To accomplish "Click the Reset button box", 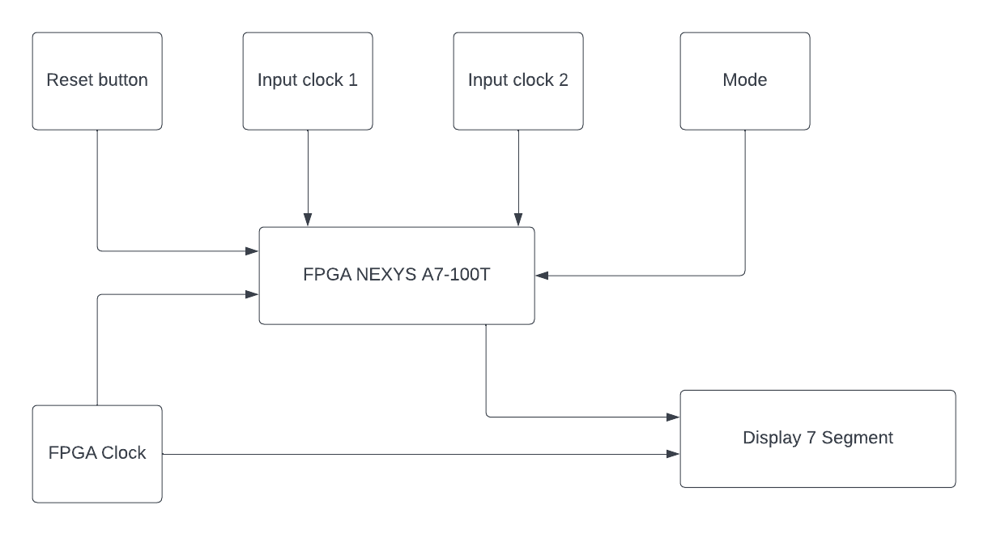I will click(97, 81).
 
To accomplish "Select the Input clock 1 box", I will click(308, 81).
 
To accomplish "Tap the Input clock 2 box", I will click(518, 81).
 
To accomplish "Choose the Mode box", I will click(745, 81).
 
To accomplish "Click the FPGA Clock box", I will click(97, 454).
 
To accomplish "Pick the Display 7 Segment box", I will click(818, 439).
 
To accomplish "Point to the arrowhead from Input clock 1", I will click(308, 220).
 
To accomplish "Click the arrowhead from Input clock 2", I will click(518, 220).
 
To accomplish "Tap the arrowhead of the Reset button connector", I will click(253, 251).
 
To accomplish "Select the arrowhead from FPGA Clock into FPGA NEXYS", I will click(253, 296).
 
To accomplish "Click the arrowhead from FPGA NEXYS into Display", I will click(673, 417).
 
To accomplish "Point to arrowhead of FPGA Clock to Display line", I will click(673, 454).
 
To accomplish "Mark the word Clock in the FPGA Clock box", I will click(124, 453).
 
